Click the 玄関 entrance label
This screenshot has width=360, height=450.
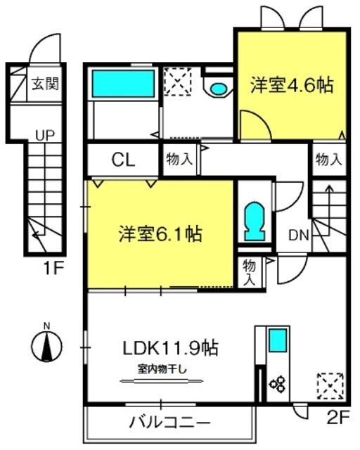45,84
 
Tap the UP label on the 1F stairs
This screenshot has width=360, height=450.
45,135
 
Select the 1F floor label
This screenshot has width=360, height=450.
53,268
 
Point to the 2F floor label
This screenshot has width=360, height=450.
338,418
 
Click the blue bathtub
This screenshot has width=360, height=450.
123,84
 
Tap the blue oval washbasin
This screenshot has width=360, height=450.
218,89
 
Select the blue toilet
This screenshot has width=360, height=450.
255,221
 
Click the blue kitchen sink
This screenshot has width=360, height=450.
278,340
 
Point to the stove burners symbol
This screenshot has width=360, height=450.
277,384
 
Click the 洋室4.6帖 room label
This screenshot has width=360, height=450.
292,85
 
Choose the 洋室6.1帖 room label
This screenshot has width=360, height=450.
160,234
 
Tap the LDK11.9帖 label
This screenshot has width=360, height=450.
171,347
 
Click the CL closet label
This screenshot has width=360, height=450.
123,160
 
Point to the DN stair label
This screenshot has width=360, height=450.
299,236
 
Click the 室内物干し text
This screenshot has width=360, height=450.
162,368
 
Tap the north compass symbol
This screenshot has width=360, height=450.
46,346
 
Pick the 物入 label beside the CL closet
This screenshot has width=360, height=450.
179,159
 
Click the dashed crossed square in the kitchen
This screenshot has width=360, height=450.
330,386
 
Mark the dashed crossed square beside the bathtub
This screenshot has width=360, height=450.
178,82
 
